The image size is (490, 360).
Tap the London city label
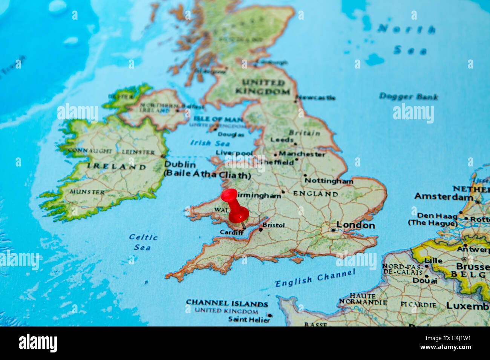point(355,225)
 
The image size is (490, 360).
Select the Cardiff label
point(231,232)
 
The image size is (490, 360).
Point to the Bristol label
point(274,225)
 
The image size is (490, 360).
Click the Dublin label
point(180,165)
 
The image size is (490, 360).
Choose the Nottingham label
point(329,181)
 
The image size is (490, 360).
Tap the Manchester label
point(302,154)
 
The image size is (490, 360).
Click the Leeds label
point(282,140)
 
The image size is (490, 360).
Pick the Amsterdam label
point(444,196)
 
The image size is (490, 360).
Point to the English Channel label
point(315,278)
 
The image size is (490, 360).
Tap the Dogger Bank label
point(409,96)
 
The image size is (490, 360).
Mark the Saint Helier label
point(249,320)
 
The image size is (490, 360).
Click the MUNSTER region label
point(87,192)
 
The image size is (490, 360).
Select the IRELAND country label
point(116,166)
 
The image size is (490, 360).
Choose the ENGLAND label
point(315,194)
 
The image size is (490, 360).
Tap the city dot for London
point(332,229)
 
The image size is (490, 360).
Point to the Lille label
point(433,260)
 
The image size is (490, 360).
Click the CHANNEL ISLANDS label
point(227,303)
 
